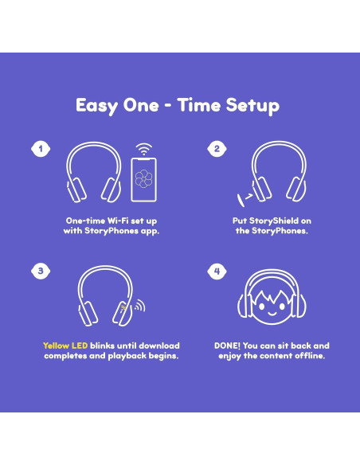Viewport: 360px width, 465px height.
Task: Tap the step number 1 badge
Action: pos(37,149)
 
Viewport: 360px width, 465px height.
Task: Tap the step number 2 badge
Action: pos(216,149)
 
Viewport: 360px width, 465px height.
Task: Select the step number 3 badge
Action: pos(40,272)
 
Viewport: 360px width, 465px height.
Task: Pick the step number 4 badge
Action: pos(217,272)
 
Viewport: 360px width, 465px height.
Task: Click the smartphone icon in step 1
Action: pos(143,181)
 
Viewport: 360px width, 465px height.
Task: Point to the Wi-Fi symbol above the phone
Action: pos(143,149)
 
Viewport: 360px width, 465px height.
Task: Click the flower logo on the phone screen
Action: pos(143,178)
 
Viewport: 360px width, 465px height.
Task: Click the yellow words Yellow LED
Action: pos(66,346)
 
